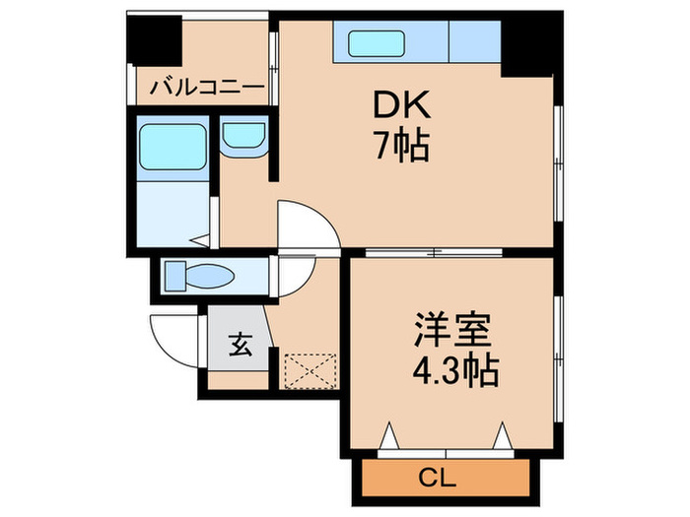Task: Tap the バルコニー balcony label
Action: (207, 89)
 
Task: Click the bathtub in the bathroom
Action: (172, 149)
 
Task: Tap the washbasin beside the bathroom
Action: (242, 137)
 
